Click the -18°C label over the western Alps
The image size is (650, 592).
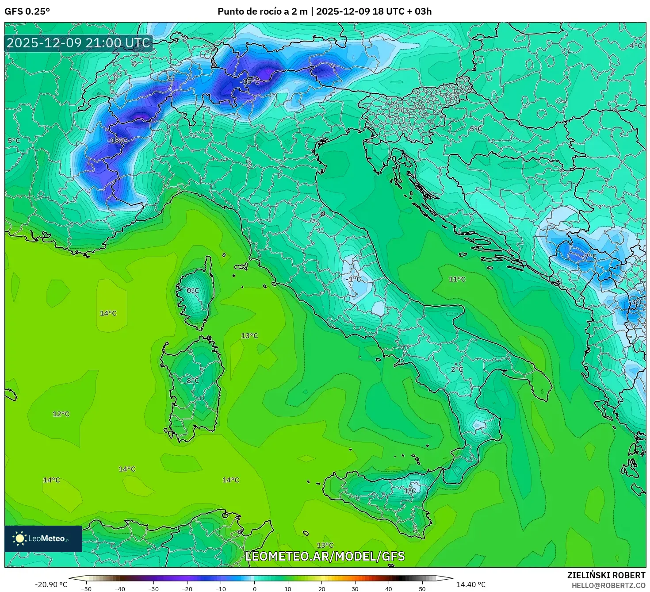point(118,140)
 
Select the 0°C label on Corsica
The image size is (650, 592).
point(193,291)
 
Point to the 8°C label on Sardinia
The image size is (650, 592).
point(193,381)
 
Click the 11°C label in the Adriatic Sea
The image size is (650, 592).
point(457,279)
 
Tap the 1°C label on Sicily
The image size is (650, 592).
point(410,491)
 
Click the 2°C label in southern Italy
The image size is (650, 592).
point(457,369)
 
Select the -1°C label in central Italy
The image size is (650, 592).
point(354,279)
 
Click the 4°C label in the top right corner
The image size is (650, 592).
point(636,46)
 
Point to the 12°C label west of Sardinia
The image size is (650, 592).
point(61,414)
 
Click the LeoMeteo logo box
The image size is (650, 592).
point(43,538)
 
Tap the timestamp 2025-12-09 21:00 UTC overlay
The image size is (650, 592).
point(79,43)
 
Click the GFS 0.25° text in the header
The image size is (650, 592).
point(27,12)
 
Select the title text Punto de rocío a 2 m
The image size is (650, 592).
point(262,12)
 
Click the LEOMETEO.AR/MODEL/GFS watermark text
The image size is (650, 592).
point(325,556)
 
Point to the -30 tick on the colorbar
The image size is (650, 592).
point(153,589)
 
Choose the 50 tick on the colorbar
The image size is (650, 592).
point(422,589)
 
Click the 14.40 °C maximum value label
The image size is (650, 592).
point(471,584)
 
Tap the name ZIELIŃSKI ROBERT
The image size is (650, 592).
point(606,575)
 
